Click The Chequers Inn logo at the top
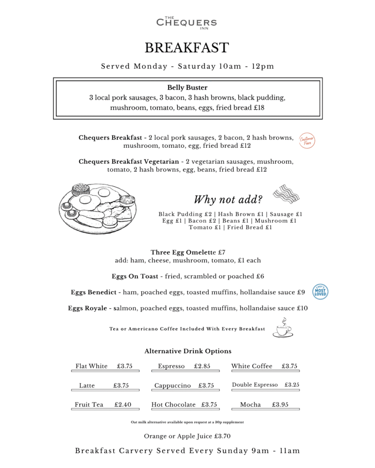click(187, 22)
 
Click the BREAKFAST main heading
click(187, 48)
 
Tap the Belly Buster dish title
click(187, 87)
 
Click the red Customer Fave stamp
click(307, 141)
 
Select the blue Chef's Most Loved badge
click(320, 292)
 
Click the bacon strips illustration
click(286, 194)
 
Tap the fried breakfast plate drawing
click(98, 208)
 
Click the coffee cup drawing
click(282, 328)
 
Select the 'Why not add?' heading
click(228, 200)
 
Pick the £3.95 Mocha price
click(280, 404)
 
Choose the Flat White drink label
click(92, 366)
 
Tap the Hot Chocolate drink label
click(173, 404)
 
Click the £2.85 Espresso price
click(202, 366)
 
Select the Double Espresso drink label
click(255, 385)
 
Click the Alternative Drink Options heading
click(188, 351)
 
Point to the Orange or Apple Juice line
click(187, 436)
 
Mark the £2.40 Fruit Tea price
click(123, 404)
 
